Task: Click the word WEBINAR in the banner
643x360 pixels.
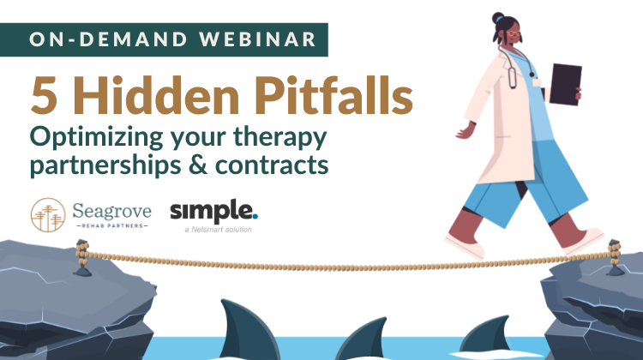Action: (258, 39)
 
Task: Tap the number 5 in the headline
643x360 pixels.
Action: (44, 95)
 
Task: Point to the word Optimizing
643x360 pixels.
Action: (96, 138)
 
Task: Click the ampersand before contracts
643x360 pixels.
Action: (198, 165)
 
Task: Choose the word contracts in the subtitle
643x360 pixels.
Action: (272, 165)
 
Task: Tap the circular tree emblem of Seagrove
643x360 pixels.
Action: (48, 215)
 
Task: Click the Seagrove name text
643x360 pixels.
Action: (111, 211)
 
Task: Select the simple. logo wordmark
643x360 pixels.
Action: (213, 212)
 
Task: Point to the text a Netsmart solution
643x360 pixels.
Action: (218, 230)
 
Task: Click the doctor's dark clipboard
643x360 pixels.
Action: (565, 85)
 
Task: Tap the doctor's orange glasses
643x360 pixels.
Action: (513, 33)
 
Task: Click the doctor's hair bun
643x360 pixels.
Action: (498, 18)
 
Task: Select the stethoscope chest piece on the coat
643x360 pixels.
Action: (512, 77)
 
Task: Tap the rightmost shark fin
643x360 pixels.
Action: (488, 334)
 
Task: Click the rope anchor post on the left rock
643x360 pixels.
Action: (82, 257)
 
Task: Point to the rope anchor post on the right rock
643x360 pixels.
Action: (615, 257)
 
